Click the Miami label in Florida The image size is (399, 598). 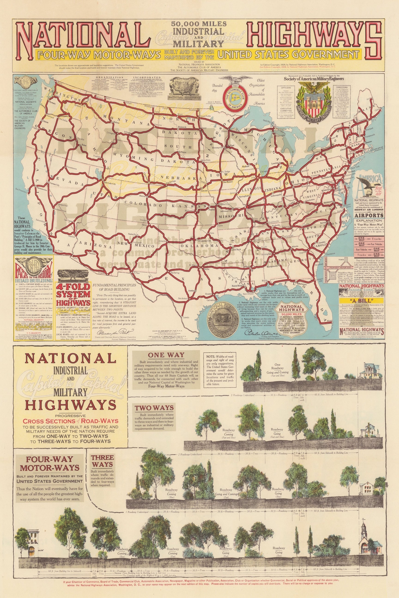click(x=330, y=321)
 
